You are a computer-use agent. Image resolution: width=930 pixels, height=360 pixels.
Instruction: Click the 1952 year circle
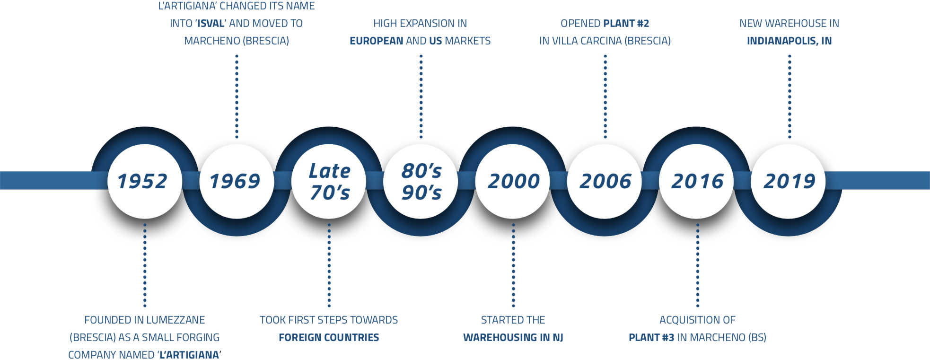coord(145,181)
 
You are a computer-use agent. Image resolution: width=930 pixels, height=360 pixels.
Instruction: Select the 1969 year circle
coord(237,181)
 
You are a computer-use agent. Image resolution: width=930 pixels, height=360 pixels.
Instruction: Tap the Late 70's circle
coord(329,181)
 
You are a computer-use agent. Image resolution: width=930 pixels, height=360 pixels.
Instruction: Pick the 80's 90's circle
coord(421,181)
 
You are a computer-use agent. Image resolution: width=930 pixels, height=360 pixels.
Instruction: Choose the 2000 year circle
coord(513,181)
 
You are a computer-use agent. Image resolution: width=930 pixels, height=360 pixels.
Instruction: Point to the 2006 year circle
coord(605,181)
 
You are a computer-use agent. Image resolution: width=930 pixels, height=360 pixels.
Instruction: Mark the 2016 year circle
coord(697,181)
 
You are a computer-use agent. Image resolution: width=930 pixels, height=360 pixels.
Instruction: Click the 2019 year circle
coord(789,181)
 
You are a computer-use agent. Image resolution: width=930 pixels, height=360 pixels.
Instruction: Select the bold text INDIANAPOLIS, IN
coord(789,41)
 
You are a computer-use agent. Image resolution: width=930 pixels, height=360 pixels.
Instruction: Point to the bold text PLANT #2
coord(626,23)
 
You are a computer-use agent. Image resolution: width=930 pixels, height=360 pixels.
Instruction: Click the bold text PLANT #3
coord(651,337)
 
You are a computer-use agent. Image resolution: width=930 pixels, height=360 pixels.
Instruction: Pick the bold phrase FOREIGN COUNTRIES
coord(329,337)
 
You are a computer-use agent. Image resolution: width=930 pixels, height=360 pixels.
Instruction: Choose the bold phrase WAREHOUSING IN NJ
coord(513,337)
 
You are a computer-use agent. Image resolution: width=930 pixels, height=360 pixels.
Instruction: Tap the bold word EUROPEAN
coord(377,41)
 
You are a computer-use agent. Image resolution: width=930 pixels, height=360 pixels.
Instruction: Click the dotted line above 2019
coord(789,97)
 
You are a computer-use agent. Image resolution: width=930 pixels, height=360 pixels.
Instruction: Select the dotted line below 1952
coord(145,265)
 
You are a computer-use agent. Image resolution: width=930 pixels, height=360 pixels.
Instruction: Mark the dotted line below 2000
coord(513,265)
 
